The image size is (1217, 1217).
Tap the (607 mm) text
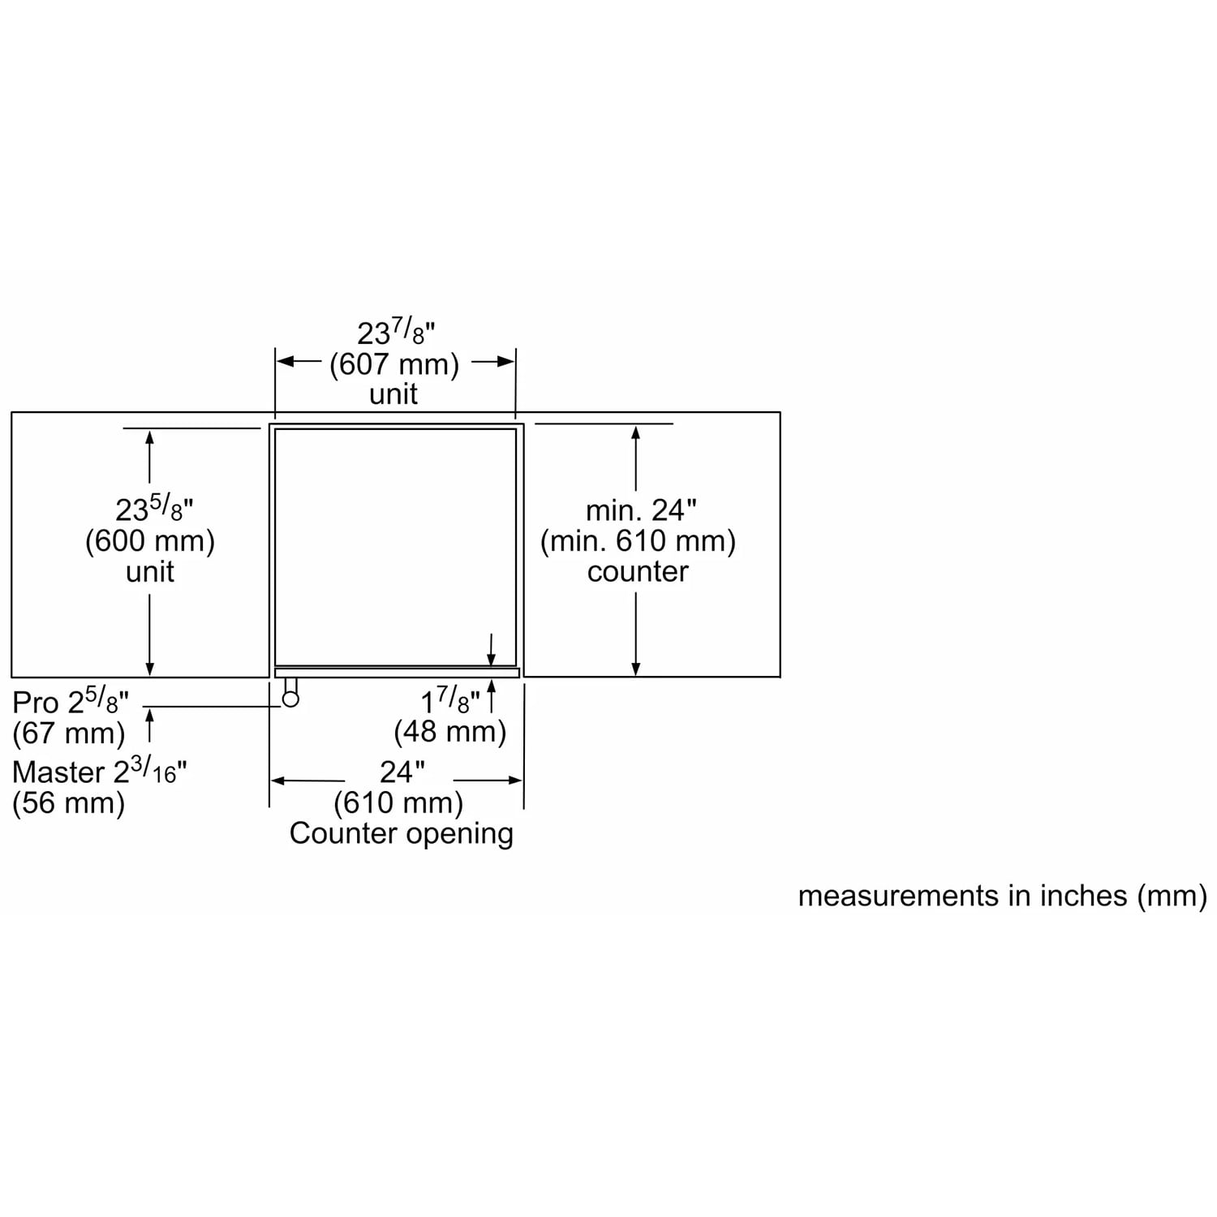(394, 364)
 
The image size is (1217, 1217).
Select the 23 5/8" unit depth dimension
(154, 510)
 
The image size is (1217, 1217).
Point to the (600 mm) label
(150, 541)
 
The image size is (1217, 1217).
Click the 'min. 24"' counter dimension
(641, 510)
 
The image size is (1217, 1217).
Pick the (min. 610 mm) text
(638, 541)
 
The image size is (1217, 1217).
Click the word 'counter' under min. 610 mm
(638, 572)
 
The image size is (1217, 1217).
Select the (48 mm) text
(449, 732)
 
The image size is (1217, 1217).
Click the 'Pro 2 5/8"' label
(71, 702)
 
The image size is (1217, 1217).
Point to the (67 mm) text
(69, 733)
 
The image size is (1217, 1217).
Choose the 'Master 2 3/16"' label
(99, 772)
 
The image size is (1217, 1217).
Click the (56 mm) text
(69, 803)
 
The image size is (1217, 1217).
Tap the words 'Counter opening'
(402, 834)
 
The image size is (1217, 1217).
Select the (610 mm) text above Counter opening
(398, 803)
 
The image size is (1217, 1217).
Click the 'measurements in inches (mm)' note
(1003, 896)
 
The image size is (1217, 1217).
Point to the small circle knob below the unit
(290, 699)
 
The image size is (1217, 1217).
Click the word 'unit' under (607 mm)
(393, 394)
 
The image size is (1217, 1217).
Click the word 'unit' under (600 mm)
(150, 572)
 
